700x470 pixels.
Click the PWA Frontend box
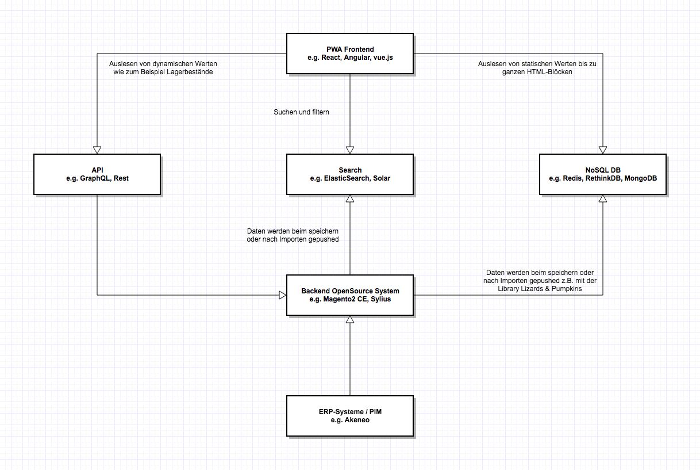350,54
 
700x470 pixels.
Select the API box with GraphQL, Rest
97,174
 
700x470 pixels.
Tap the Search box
350,174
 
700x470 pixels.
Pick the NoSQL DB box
603,174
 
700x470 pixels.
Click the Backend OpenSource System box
350,295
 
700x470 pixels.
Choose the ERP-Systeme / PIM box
350,416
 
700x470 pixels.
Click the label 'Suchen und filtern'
301,112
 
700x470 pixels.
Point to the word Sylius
380,299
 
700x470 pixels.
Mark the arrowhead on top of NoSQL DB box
603,150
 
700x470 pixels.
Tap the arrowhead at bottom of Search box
350,199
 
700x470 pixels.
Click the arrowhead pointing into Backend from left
282,295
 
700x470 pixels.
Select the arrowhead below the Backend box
350,319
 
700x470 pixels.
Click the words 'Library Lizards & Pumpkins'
540,289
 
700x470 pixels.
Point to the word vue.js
383,58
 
